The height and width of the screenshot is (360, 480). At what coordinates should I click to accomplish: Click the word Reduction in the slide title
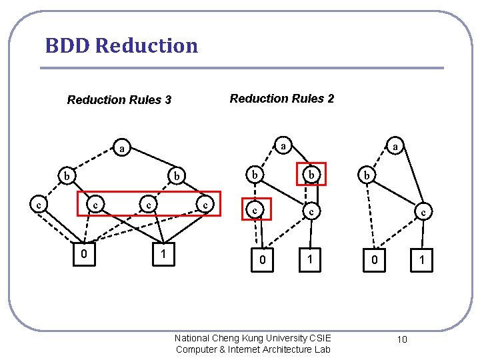(x=147, y=46)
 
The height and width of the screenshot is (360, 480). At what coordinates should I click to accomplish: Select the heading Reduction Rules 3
(x=119, y=100)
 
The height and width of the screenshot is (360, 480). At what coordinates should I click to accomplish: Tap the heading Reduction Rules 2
(x=282, y=99)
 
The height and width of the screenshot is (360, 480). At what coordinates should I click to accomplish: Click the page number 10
(x=402, y=339)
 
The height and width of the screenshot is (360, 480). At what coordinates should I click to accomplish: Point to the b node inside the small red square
(x=311, y=174)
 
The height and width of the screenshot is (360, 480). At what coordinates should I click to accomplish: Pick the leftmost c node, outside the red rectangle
(x=39, y=204)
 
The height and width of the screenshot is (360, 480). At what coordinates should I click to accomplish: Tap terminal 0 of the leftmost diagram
(x=83, y=253)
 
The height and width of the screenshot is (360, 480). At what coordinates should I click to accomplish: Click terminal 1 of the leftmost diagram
(x=163, y=253)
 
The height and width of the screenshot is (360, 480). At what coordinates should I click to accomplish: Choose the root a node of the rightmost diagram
(x=395, y=146)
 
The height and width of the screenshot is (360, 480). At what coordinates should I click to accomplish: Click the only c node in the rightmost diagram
(x=421, y=213)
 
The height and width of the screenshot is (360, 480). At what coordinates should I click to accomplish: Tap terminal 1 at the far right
(x=421, y=260)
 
